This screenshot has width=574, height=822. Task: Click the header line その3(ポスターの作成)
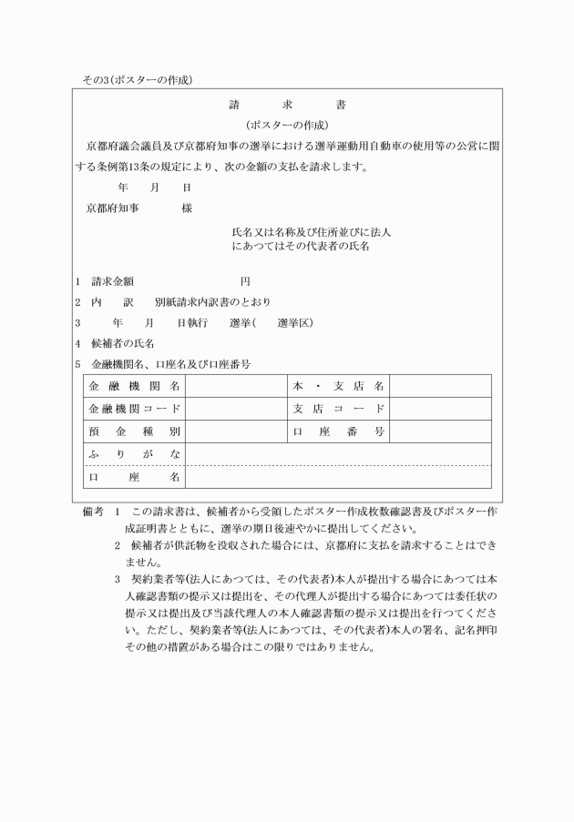click(137, 80)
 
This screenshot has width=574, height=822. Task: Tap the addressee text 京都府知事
click(112, 208)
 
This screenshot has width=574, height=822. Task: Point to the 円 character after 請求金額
click(245, 280)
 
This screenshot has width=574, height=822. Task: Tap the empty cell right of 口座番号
click(440, 431)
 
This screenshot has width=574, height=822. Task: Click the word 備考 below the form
click(94, 512)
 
